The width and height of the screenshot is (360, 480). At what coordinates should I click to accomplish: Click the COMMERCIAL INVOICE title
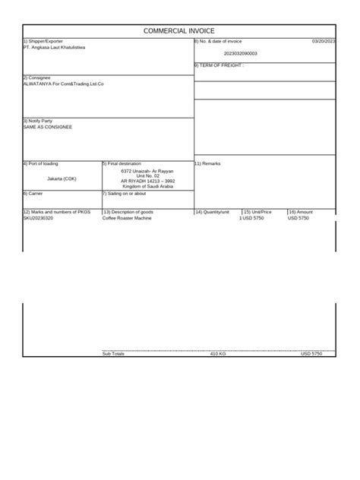(179, 31)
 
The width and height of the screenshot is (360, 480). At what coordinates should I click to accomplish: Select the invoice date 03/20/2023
(323, 41)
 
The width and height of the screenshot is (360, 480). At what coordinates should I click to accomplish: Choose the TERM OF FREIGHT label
(219, 66)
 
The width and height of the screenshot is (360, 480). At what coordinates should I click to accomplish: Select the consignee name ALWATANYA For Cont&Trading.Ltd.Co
(64, 84)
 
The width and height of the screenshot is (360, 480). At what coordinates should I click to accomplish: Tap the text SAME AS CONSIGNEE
(49, 127)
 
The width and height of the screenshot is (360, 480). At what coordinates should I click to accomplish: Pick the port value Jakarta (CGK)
(62, 178)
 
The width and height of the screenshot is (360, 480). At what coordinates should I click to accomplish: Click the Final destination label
(122, 163)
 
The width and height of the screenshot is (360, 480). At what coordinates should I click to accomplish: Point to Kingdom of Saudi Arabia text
(148, 186)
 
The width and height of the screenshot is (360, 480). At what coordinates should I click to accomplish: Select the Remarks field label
(207, 163)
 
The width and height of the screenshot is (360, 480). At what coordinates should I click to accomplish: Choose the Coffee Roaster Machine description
(128, 218)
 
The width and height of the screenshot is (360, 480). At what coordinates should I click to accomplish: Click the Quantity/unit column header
(213, 212)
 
